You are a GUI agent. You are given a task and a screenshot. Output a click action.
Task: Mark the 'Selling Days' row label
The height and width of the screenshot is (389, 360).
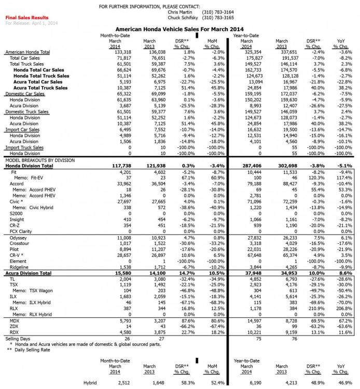tap(19, 339)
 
